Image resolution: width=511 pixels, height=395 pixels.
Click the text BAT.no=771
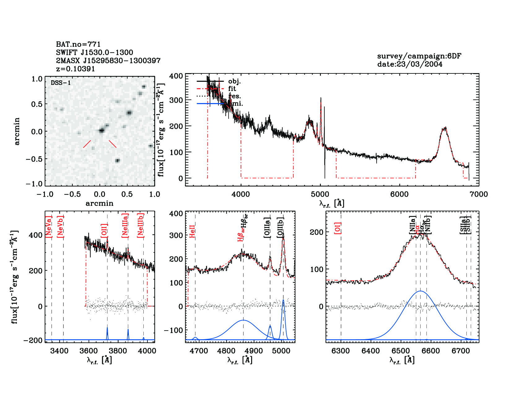click(x=78, y=44)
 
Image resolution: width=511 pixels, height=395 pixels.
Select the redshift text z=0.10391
click(x=75, y=69)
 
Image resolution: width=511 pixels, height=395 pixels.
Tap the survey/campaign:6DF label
click(x=419, y=56)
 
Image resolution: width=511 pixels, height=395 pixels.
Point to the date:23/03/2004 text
click(x=409, y=64)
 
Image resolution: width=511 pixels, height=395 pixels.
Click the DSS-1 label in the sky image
click(x=61, y=83)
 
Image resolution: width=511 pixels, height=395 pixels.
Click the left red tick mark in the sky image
click(x=87, y=144)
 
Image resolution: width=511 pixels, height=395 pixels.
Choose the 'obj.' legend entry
click(x=234, y=81)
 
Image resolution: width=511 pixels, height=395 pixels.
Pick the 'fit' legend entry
click(x=232, y=89)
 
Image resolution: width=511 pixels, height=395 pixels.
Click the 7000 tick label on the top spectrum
click(x=479, y=194)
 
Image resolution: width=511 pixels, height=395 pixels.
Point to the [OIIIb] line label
click(x=281, y=227)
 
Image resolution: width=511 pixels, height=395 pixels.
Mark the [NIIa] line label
click(x=413, y=225)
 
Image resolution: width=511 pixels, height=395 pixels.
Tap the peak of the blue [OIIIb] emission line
click(x=283, y=300)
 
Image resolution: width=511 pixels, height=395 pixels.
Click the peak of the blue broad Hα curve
click(x=421, y=291)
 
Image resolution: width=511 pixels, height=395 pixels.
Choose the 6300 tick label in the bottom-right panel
click(x=341, y=351)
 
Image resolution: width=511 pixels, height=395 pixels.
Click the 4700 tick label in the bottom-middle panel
click(x=199, y=351)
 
